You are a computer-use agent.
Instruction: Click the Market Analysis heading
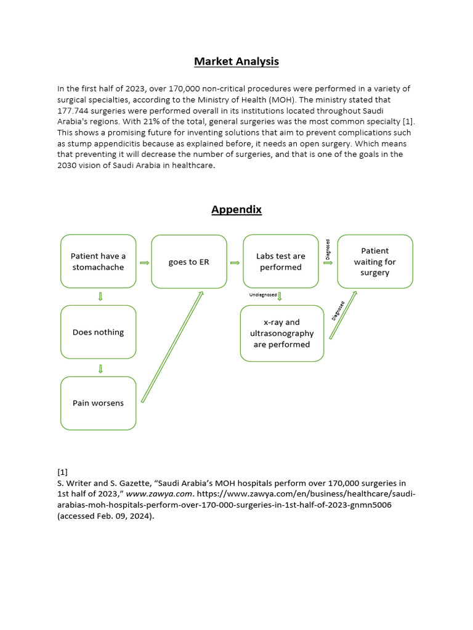(236, 62)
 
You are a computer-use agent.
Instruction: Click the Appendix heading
(236, 210)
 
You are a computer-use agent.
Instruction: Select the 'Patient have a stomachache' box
(98, 261)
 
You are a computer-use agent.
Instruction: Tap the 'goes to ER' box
(188, 261)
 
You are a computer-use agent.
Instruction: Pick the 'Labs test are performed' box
(280, 261)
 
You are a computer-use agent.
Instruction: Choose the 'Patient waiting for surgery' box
(375, 261)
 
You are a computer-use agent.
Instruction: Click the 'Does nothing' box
(98, 332)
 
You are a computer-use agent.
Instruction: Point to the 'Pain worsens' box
(98, 403)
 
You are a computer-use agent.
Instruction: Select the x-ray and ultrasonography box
(281, 333)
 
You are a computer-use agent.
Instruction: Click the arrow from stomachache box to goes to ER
(144, 263)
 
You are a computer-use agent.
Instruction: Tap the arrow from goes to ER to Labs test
(235, 263)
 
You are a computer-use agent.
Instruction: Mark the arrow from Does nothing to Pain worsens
(100, 369)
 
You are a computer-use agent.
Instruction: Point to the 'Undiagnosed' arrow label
(263, 295)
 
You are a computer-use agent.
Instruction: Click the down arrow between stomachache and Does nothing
(100, 297)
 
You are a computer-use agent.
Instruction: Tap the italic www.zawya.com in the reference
(159, 494)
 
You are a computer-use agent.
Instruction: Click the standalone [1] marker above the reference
(62, 472)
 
